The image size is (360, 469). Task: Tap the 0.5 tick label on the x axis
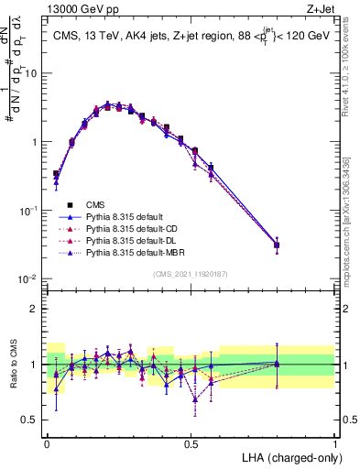click(x=191, y=442)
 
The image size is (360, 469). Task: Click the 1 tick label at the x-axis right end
click(x=335, y=442)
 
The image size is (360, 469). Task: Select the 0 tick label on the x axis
click(x=47, y=442)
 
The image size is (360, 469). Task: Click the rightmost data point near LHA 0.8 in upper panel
click(x=278, y=245)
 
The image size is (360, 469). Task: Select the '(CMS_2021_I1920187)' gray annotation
click(x=191, y=274)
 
